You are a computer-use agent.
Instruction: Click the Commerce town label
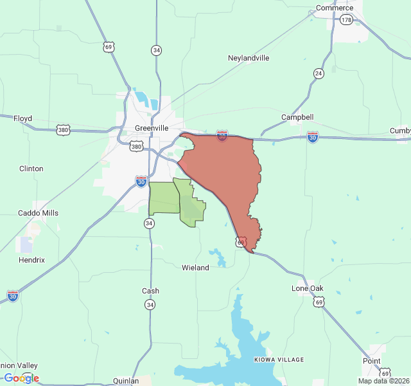pyautogui.click(x=334, y=8)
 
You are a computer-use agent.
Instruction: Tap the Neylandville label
pyautogui.click(x=249, y=58)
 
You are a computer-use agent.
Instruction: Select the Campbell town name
pyautogui.click(x=297, y=117)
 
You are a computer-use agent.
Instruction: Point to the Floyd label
pyautogui.click(x=22, y=119)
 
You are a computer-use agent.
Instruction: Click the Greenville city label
pyautogui.click(x=152, y=128)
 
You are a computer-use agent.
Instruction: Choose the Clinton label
pyautogui.click(x=31, y=169)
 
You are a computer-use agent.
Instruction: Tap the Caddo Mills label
pyautogui.click(x=38, y=213)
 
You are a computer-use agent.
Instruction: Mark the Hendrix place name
pyautogui.click(x=31, y=260)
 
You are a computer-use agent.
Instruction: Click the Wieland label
pyautogui.click(x=195, y=268)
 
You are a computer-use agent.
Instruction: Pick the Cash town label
pyautogui.click(x=150, y=291)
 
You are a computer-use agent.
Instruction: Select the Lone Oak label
pyautogui.click(x=308, y=288)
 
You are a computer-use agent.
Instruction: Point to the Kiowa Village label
pyautogui.click(x=279, y=359)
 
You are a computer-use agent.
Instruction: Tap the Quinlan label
pyautogui.click(x=125, y=381)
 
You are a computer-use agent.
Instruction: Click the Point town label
pyautogui.click(x=371, y=361)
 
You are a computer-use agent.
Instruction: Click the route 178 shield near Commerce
pyautogui.click(x=347, y=21)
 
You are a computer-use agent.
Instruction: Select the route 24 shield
pyautogui.click(x=319, y=73)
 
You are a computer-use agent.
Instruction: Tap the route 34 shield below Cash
pyautogui.click(x=150, y=304)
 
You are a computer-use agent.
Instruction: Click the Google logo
pyautogui.click(x=21, y=378)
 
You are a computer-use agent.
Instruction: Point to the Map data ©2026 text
pyautogui.click(x=383, y=381)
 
